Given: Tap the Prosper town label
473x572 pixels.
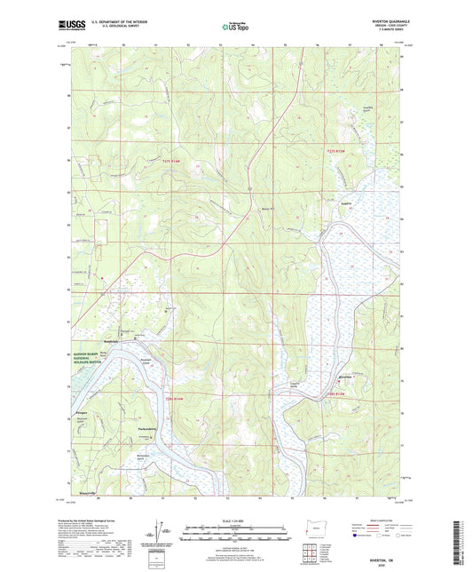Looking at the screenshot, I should [x=82, y=412].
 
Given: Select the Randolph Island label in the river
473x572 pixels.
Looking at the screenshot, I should [x=145, y=362].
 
